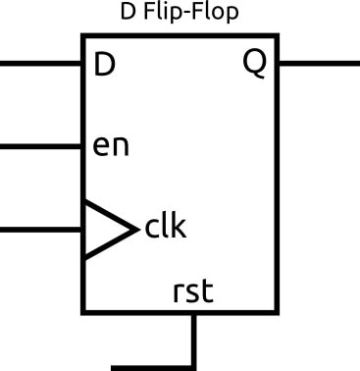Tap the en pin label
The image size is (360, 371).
click(111, 147)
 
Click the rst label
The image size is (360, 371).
click(193, 291)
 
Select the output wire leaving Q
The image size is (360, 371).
click(319, 64)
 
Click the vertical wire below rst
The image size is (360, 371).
click(194, 339)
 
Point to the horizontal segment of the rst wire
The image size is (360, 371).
click(152, 367)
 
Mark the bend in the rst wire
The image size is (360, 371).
click(194, 366)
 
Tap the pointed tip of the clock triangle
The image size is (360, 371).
click(135, 230)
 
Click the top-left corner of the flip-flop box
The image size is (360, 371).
click(83, 36)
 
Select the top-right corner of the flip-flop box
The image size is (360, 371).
click(278, 36)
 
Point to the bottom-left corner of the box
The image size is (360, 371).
click(83, 313)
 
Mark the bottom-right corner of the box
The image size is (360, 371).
click(278, 313)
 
